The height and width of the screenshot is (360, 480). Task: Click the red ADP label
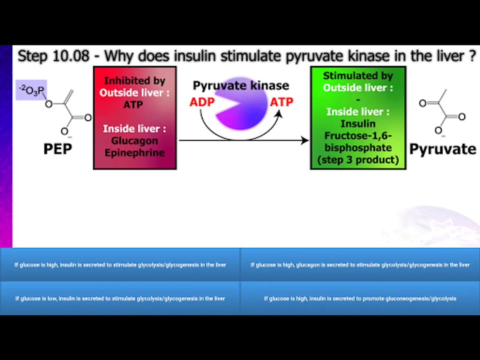[202, 102]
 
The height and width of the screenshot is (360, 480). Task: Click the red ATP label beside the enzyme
[282, 102]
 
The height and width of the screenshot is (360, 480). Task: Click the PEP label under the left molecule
[58, 149]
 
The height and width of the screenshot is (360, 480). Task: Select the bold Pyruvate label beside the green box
[443, 149]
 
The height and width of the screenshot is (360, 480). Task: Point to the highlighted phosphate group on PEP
[31, 90]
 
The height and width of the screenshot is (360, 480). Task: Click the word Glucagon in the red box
[134, 141]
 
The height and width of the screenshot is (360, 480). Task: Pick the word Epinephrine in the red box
[134, 152]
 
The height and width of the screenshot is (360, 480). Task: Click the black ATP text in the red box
[133, 104]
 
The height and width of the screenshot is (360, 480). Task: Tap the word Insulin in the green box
[358, 124]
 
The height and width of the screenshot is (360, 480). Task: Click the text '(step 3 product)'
[358, 160]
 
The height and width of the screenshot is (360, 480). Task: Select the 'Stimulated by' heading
[358, 76]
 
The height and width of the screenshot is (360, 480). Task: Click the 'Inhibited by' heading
[134, 81]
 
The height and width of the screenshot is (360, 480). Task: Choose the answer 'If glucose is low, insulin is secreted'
[120, 298]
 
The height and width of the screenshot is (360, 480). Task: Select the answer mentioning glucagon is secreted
[360, 265]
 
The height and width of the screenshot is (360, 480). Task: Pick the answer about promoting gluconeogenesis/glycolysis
[360, 298]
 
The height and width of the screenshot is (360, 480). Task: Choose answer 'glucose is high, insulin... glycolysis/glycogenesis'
[120, 265]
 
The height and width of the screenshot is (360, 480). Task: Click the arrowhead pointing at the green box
[305, 140]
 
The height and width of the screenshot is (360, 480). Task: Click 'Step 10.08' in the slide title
[54, 56]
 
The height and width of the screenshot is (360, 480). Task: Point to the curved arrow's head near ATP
[279, 114]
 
